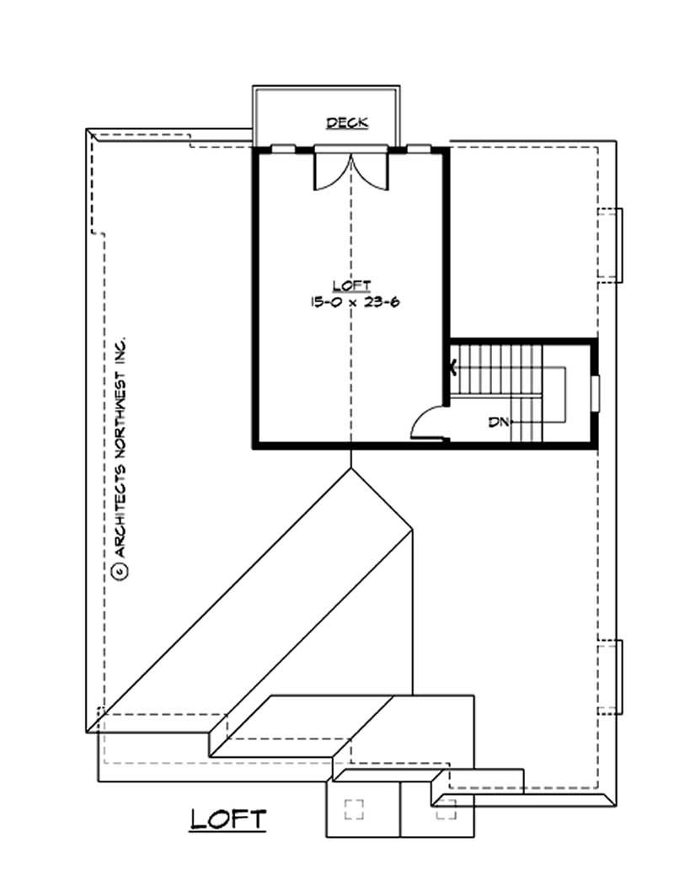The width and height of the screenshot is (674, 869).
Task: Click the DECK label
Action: (x=347, y=123)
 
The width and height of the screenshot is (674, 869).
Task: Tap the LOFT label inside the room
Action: (x=351, y=285)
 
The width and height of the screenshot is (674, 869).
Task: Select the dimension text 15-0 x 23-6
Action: (x=351, y=301)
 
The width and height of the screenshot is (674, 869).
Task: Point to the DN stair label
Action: (x=498, y=422)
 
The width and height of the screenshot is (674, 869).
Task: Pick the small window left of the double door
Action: (x=282, y=149)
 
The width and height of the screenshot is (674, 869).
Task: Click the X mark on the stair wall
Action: (x=453, y=367)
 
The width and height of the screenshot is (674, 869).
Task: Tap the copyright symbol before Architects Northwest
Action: (x=120, y=571)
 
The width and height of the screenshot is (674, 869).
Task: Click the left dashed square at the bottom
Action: (x=355, y=809)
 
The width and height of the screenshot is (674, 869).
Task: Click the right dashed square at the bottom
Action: (x=446, y=809)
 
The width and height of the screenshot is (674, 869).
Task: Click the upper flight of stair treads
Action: (x=497, y=368)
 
